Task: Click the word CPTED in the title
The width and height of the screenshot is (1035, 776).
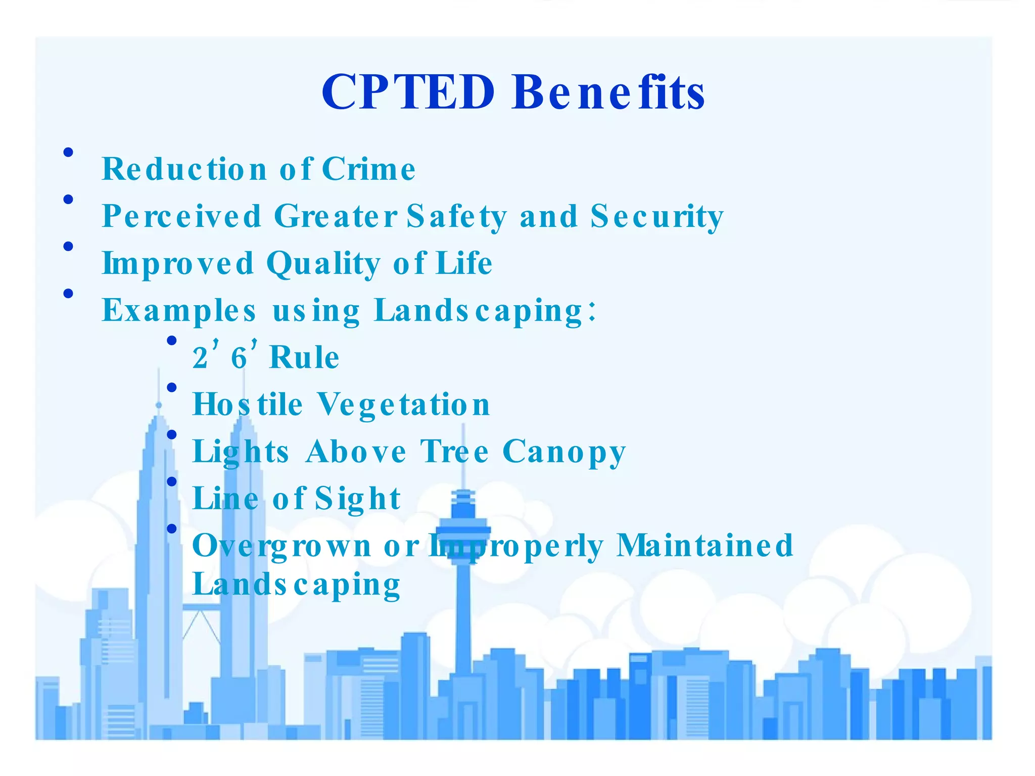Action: [408, 92]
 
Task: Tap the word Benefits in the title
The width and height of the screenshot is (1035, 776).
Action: [608, 92]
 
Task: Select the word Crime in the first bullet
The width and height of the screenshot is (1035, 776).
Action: [368, 169]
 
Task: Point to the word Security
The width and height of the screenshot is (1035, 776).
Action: [657, 216]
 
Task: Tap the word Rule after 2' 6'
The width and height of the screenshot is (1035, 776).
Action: [304, 358]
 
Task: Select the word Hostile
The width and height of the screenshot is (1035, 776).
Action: [248, 404]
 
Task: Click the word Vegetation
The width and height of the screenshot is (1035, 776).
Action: [404, 404]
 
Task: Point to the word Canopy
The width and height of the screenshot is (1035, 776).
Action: [564, 452]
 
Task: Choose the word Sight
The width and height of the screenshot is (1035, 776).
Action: [358, 499]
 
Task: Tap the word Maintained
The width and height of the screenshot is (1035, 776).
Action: [705, 545]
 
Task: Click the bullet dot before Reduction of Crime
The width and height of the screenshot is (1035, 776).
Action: [69, 152]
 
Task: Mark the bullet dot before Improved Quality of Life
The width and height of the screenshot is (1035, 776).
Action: [69, 247]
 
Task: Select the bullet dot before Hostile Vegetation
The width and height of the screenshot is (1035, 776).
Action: [172, 387]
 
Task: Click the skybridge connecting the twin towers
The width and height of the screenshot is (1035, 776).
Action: [201, 608]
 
